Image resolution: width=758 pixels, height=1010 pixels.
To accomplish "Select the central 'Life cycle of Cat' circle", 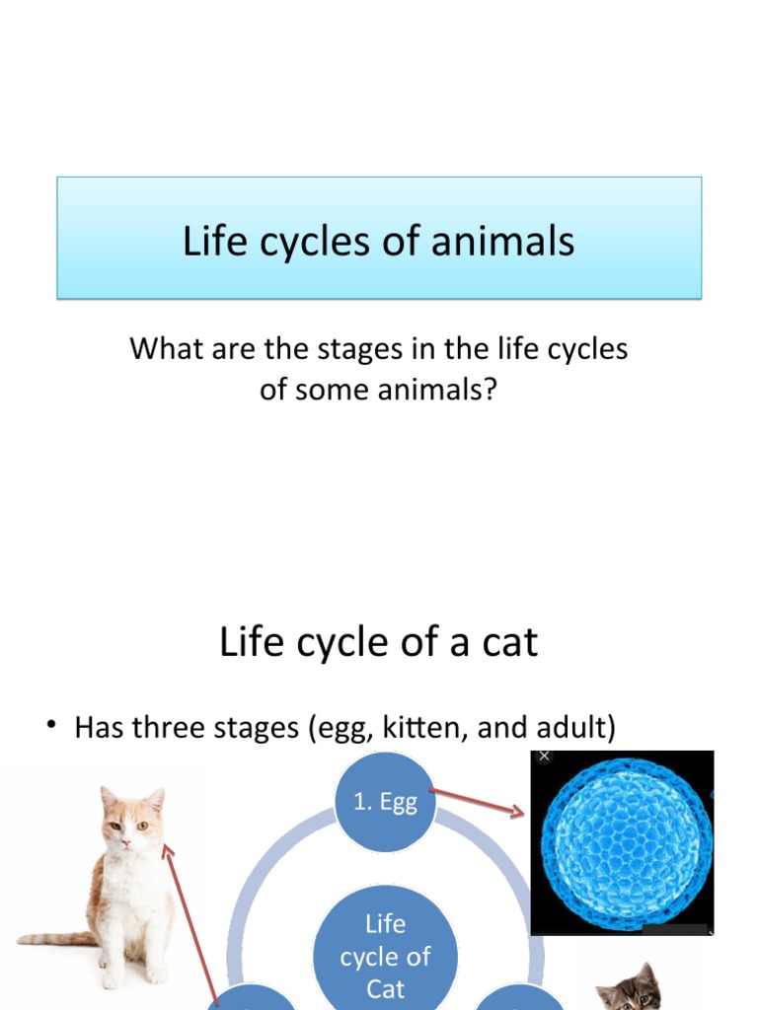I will (x=385, y=955).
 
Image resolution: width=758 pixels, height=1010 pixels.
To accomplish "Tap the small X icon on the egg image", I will (x=544, y=757).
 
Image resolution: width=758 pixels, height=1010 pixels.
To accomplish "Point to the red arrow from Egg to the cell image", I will (x=478, y=800).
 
